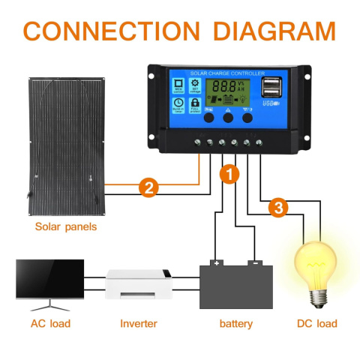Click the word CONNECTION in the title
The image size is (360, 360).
pyautogui.click(x=111, y=31)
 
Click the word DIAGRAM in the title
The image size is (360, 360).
pyautogui.click(x=271, y=31)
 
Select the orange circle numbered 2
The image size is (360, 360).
pyautogui.click(x=149, y=188)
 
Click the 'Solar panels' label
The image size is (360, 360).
pyautogui.click(x=66, y=226)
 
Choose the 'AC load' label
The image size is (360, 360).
pyautogui.click(x=50, y=323)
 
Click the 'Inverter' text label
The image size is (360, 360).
pyautogui.click(x=139, y=323)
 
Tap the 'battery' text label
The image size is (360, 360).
pyautogui.click(x=235, y=323)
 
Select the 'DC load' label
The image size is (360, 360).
pyautogui.click(x=316, y=323)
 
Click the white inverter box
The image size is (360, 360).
pyautogui.click(x=139, y=286)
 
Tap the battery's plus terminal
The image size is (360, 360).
pyautogui.click(x=217, y=263)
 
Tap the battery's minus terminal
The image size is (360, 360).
pyautogui.click(x=255, y=263)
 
